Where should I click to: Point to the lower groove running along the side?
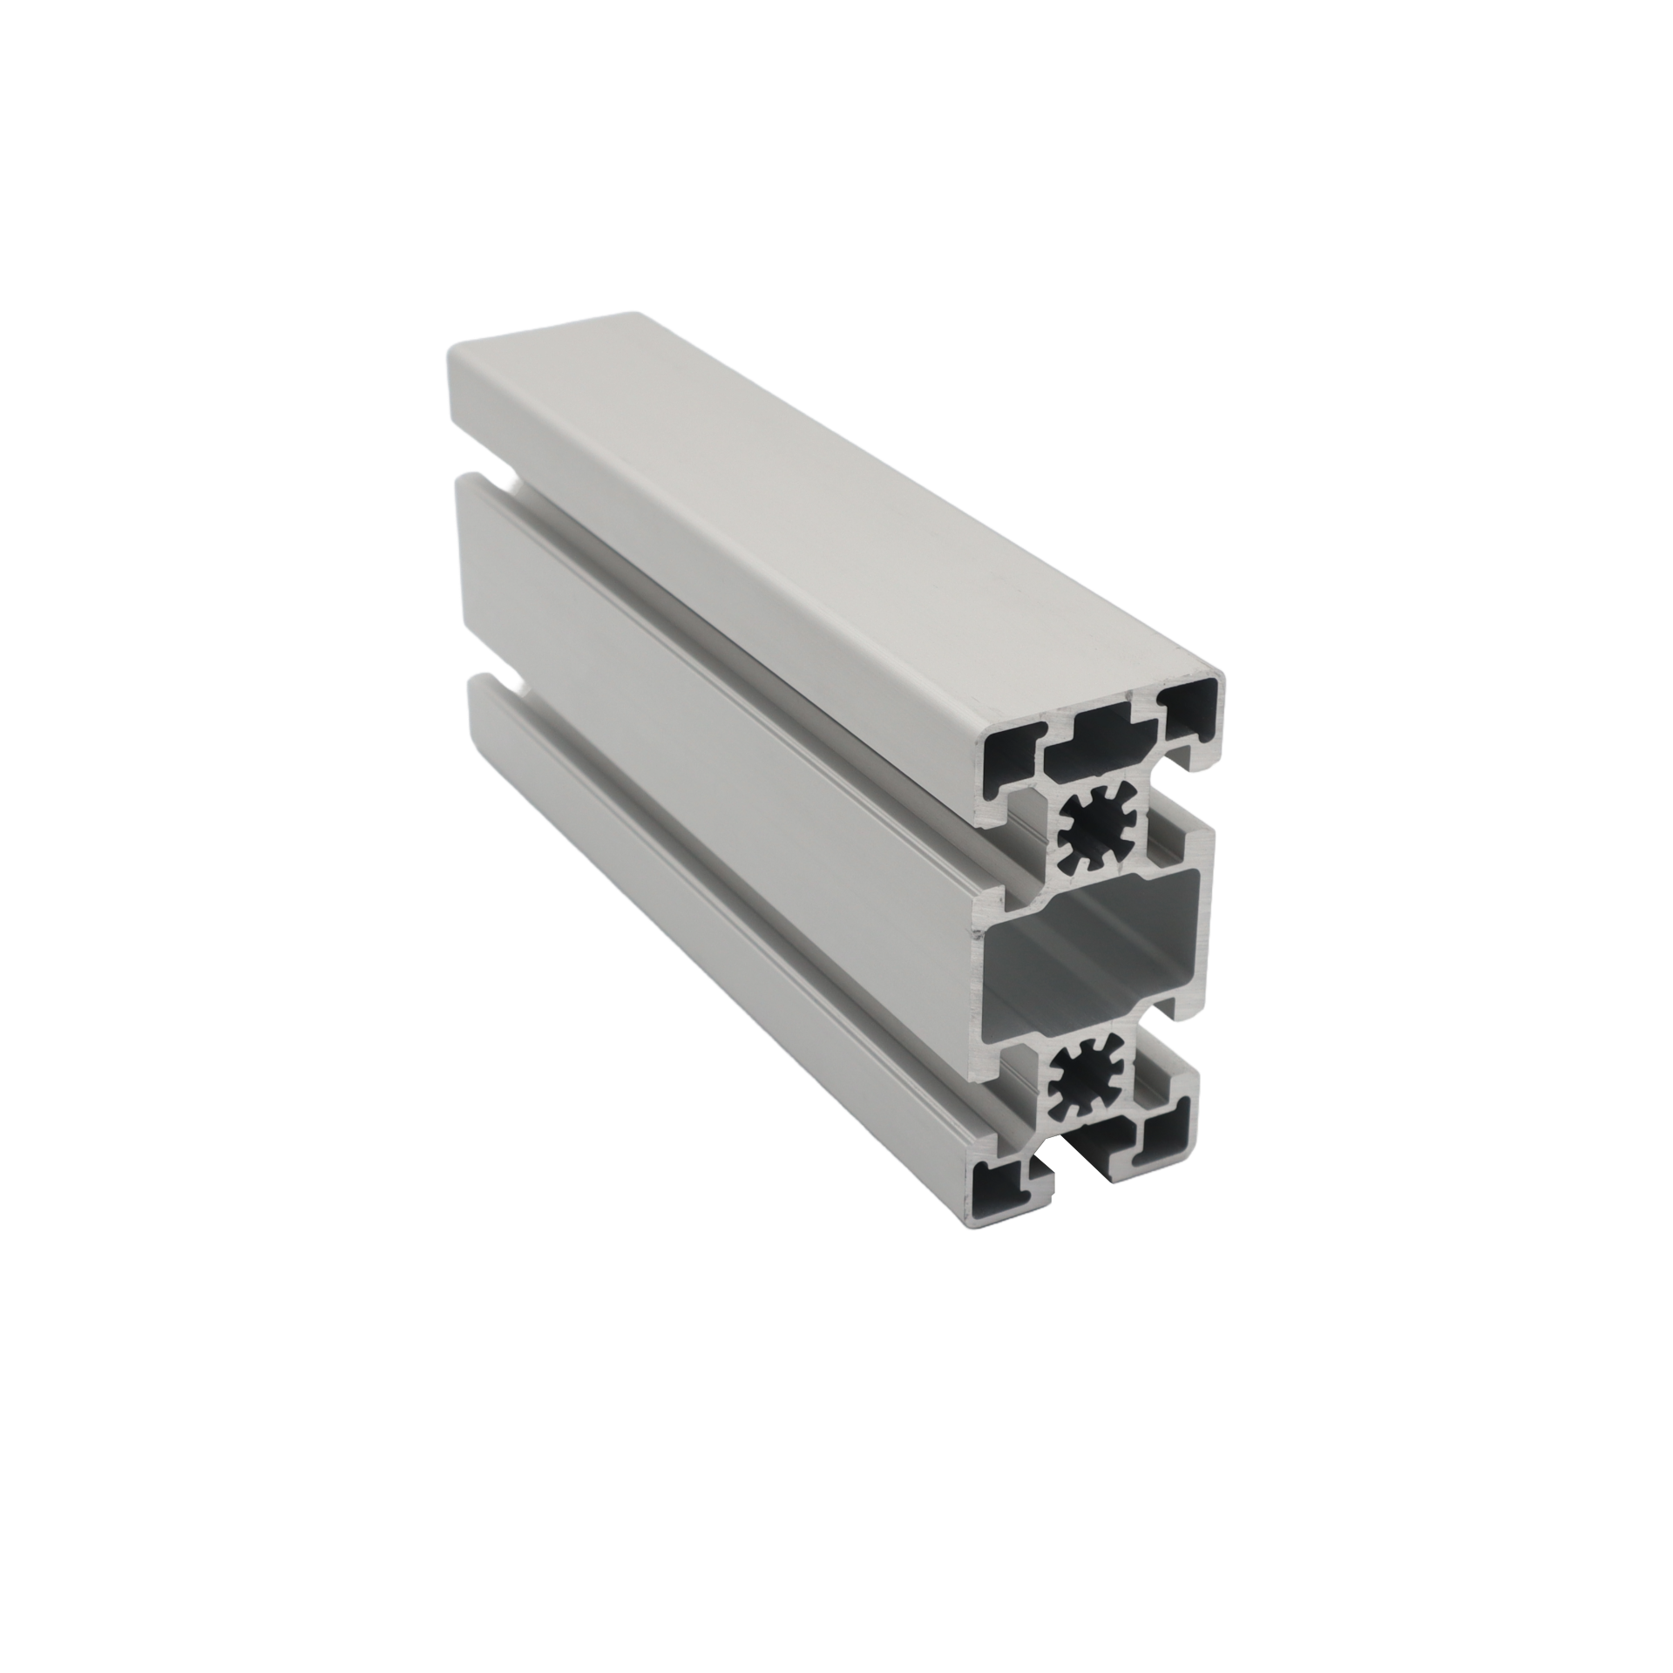pos(741,863)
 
